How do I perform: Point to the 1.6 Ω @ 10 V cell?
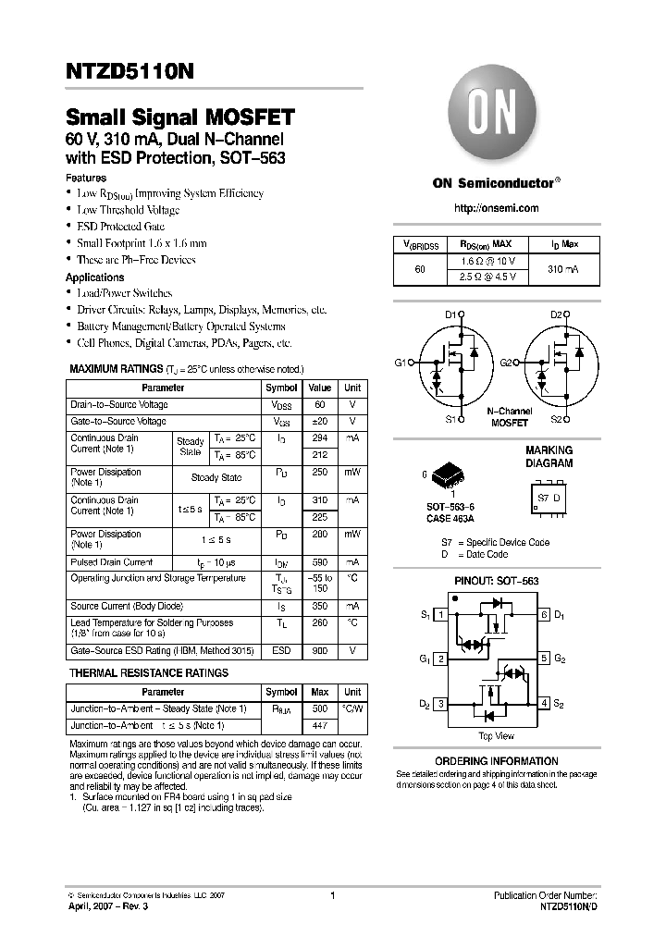(487, 262)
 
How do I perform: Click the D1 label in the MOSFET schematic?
(450, 315)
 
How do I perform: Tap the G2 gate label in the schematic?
(506, 363)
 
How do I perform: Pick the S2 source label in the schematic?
(556, 419)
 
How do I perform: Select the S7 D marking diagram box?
(549, 498)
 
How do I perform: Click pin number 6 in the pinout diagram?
(545, 615)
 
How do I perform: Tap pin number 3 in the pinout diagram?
(442, 704)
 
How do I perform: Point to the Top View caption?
(496, 736)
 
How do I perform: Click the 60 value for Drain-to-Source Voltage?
(320, 405)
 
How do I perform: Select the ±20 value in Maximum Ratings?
(320, 422)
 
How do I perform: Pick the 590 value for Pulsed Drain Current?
(320, 562)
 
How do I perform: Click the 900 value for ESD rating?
(320, 651)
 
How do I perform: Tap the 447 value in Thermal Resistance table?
(320, 726)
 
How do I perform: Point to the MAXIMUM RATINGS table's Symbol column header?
(281, 388)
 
